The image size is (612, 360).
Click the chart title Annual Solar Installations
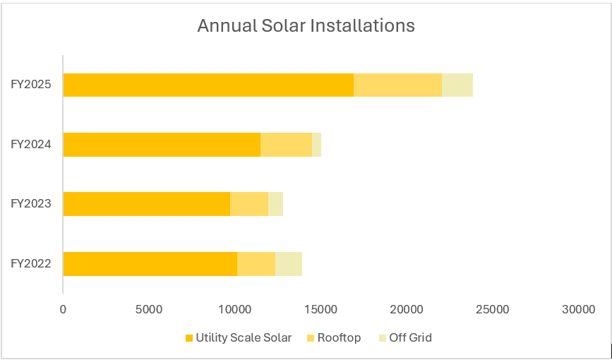pyautogui.click(x=306, y=26)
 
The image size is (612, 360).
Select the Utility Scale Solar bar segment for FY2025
pyautogui.click(x=208, y=85)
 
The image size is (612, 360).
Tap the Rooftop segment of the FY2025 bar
pyautogui.click(x=397, y=85)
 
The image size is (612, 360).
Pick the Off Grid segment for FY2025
pyautogui.click(x=457, y=85)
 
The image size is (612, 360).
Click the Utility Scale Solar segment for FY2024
pyautogui.click(x=162, y=144)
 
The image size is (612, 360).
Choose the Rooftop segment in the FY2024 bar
pyautogui.click(x=286, y=144)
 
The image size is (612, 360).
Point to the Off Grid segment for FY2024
pyautogui.click(x=316, y=144)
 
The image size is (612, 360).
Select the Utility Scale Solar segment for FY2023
pyautogui.click(x=146, y=204)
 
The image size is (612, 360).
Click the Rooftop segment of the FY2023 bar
pyautogui.click(x=249, y=204)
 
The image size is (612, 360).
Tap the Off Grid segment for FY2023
pyautogui.click(x=275, y=204)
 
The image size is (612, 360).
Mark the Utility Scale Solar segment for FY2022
pyautogui.click(x=150, y=263)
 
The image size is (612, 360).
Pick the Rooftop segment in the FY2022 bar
pyautogui.click(x=256, y=263)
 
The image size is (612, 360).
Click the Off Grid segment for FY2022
pyautogui.click(x=288, y=263)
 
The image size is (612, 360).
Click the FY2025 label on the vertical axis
pyautogui.click(x=30, y=85)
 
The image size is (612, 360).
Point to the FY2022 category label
pyautogui.click(x=30, y=263)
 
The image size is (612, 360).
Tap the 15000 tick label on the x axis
pyautogui.click(x=321, y=309)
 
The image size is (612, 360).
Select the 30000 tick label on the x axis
pyautogui.click(x=579, y=309)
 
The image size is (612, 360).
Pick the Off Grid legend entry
pyautogui.click(x=409, y=337)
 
